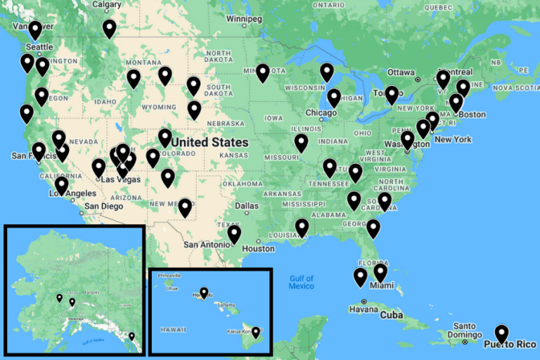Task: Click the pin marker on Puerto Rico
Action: (501, 333)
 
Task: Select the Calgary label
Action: (107, 4)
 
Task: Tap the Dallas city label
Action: (241, 206)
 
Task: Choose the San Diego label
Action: (103, 207)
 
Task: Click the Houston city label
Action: (258, 248)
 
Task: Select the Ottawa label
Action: (401, 72)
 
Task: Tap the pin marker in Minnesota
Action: (262, 72)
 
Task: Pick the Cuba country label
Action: (391, 314)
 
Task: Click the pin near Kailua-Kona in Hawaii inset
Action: (256, 332)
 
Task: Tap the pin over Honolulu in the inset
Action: (204, 292)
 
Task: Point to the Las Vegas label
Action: (121, 179)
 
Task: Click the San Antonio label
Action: (207, 244)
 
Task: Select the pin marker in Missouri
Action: (302, 143)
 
